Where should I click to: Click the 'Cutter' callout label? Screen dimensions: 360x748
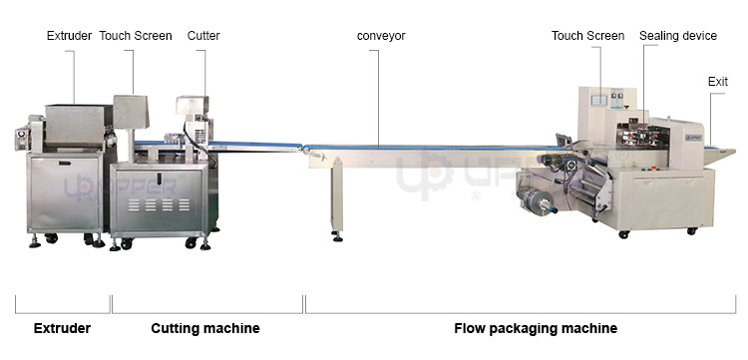click(203, 36)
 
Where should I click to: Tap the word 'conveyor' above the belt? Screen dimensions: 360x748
click(381, 36)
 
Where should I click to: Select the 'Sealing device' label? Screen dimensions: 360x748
click(678, 36)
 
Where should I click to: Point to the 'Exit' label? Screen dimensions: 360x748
click(718, 82)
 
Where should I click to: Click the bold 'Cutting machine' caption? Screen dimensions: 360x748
click(204, 328)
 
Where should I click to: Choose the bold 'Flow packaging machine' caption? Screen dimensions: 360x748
click(536, 328)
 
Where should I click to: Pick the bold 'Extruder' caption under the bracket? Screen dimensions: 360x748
click(63, 328)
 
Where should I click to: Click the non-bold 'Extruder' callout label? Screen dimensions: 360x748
click(70, 36)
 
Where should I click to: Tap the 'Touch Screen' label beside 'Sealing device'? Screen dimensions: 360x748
click(588, 36)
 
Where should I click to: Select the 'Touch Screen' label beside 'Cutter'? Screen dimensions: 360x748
click(136, 36)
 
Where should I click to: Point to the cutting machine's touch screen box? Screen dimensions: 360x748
click(131, 111)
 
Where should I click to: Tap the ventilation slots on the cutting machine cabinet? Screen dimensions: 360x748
click(160, 203)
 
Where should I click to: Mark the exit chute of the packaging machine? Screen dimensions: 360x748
click(720, 152)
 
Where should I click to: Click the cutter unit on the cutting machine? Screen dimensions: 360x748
click(192, 120)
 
